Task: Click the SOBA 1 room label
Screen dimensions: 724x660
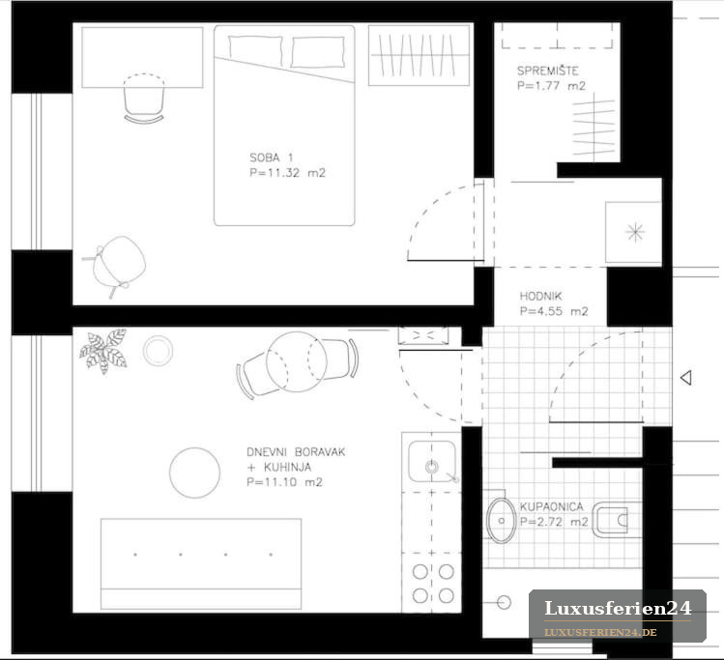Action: tap(271, 158)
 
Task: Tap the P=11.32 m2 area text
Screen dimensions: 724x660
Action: tap(287, 173)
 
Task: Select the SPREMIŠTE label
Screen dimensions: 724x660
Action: tap(548, 71)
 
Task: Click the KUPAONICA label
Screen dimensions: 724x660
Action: tap(551, 506)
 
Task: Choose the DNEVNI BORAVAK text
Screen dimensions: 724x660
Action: tap(296, 452)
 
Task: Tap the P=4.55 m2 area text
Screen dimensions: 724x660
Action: tap(554, 311)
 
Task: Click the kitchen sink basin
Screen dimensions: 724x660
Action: tap(432, 462)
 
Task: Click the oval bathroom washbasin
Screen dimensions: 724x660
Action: tap(501, 520)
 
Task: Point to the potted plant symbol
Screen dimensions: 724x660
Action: tap(103, 351)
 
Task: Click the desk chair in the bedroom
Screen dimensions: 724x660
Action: tap(144, 98)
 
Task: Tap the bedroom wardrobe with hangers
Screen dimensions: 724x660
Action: tap(419, 55)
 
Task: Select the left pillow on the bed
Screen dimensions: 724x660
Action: tap(255, 50)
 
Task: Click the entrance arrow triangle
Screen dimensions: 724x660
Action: tap(686, 378)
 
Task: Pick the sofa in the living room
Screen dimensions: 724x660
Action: tap(201, 563)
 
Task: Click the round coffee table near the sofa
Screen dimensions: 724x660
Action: tap(194, 473)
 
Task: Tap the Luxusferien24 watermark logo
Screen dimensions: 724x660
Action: tap(618, 617)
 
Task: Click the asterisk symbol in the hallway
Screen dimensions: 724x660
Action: tap(635, 232)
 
